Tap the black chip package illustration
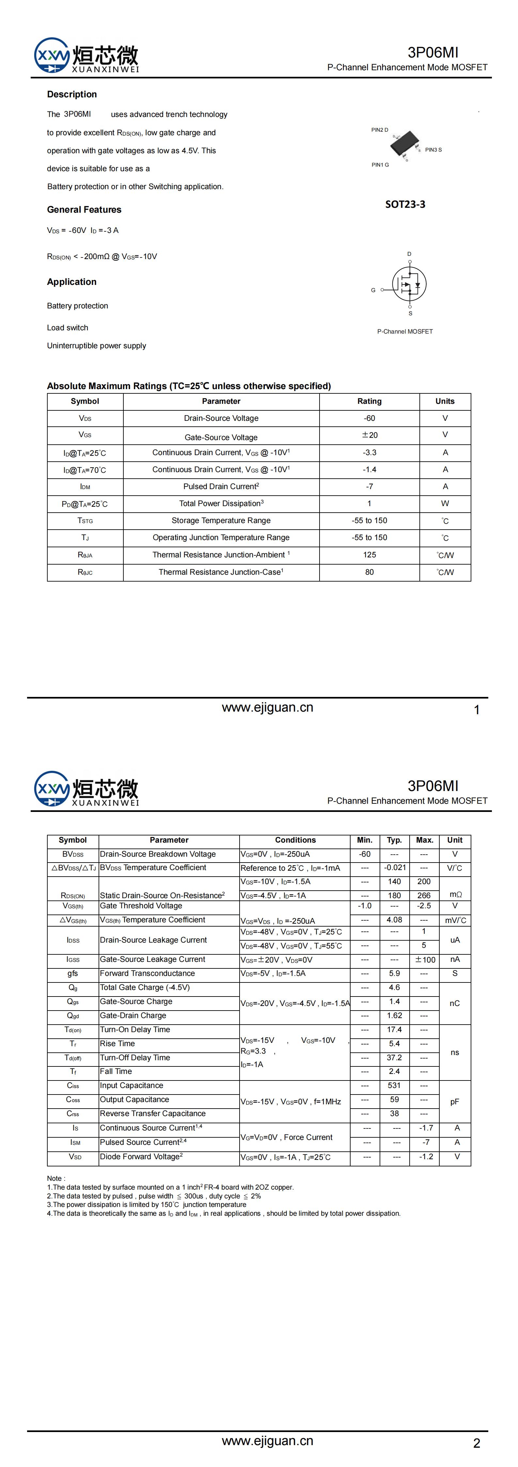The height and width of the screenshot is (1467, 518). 404,143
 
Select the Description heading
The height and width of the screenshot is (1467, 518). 72,94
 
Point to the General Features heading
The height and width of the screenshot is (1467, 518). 84,209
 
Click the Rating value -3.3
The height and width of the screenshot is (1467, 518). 369,453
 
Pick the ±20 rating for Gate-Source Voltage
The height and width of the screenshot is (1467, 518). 369,435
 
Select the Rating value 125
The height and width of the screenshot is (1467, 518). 369,555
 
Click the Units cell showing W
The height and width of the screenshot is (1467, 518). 445,503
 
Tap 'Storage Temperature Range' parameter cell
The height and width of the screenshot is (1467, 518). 221,520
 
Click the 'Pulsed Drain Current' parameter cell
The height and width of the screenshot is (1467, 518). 221,486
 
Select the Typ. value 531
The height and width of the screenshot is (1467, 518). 395,1085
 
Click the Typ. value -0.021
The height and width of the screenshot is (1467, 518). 395,867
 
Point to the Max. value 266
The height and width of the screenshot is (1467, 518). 424,895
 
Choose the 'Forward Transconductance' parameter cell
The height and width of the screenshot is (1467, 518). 148,973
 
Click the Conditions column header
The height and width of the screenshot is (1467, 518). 295,840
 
